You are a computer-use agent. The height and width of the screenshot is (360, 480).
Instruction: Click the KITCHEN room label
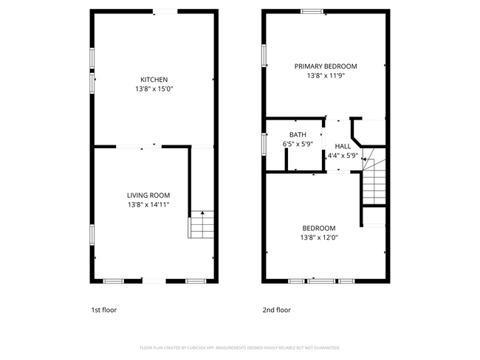(154, 80)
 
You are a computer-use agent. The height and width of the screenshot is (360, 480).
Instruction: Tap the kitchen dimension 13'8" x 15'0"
(154, 89)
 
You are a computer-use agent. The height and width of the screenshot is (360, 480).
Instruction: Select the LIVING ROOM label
(153, 195)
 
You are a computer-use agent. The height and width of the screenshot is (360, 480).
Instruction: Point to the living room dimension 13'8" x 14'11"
(153, 204)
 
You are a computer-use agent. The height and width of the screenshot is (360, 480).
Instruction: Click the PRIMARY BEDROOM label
(326, 66)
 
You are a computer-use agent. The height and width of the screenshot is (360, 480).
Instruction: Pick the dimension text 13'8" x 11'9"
(326, 75)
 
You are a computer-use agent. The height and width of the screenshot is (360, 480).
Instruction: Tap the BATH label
(298, 134)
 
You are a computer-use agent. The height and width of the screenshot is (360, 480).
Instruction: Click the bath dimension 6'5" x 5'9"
(298, 145)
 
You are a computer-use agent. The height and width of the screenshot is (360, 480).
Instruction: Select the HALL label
(343, 146)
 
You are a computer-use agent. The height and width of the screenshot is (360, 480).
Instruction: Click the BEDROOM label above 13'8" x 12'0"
(318, 228)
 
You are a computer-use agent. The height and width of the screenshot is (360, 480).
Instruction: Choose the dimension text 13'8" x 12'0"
(318, 238)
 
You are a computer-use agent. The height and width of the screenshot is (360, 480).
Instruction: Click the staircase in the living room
(201, 224)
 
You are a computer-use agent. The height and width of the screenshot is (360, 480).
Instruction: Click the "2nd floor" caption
(277, 310)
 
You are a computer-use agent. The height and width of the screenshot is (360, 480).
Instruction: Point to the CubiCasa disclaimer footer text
(239, 347)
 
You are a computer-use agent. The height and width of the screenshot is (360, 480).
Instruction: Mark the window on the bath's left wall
(264, 143)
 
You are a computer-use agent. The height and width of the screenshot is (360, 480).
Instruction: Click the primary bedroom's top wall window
(311, 11)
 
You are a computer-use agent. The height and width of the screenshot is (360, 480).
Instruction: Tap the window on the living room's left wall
(92, 235)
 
